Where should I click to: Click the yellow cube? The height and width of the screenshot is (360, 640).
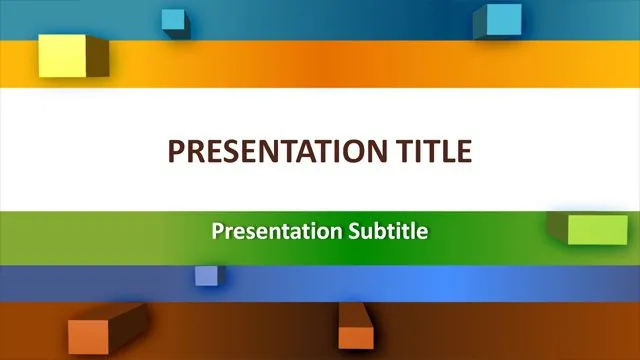[x=62, y=54]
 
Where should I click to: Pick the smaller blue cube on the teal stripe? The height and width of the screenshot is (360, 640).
[x=174, y=20]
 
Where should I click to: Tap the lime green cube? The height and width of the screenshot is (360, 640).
[x=596, y=229]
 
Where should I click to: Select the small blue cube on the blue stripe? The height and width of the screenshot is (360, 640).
[x=206, y=276]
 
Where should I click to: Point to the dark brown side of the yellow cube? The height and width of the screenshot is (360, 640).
[x=98, y=57]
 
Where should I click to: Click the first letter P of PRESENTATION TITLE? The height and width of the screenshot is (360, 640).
[x=177, y=151]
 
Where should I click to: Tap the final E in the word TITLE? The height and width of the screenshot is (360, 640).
[x=464, y=151]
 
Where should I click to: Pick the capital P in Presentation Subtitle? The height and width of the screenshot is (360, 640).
[x=217, y=232]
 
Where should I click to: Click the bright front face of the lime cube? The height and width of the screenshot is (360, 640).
[x=598, y=230]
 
